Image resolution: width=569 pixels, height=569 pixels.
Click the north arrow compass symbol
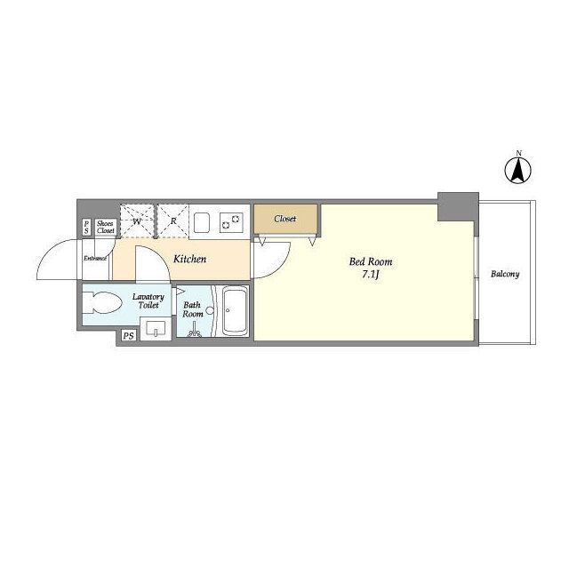click(518, 169)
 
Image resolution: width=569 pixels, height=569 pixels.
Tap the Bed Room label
click(371, 261)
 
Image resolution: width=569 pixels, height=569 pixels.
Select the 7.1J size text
click(371, 275)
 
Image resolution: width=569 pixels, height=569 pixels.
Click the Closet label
click(285, 219)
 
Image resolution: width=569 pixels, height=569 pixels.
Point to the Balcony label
click(505, 274)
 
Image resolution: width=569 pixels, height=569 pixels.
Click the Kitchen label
click(189, 259)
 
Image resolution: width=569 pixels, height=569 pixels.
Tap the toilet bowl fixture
click(101, 302)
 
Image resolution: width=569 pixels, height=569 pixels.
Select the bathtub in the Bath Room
click(235, 311)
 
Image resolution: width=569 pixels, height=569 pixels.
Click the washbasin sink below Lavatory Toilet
click(156, 328)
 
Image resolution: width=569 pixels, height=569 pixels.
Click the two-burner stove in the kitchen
click(231, 222)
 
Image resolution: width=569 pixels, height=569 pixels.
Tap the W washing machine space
click(137, 221)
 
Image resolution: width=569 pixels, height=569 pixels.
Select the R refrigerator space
click(173, 221)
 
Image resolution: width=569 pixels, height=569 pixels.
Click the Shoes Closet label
click(105, 228)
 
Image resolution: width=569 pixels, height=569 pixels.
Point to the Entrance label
click(95, 259)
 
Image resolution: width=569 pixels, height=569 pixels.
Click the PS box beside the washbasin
click(128, 336)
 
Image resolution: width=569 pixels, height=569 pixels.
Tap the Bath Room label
click(193, 309)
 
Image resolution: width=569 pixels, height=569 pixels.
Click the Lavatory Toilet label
click(148, 301)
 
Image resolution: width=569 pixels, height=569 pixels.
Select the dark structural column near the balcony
click(458, 206)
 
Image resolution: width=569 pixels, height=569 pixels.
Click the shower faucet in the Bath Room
click(194, 331)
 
